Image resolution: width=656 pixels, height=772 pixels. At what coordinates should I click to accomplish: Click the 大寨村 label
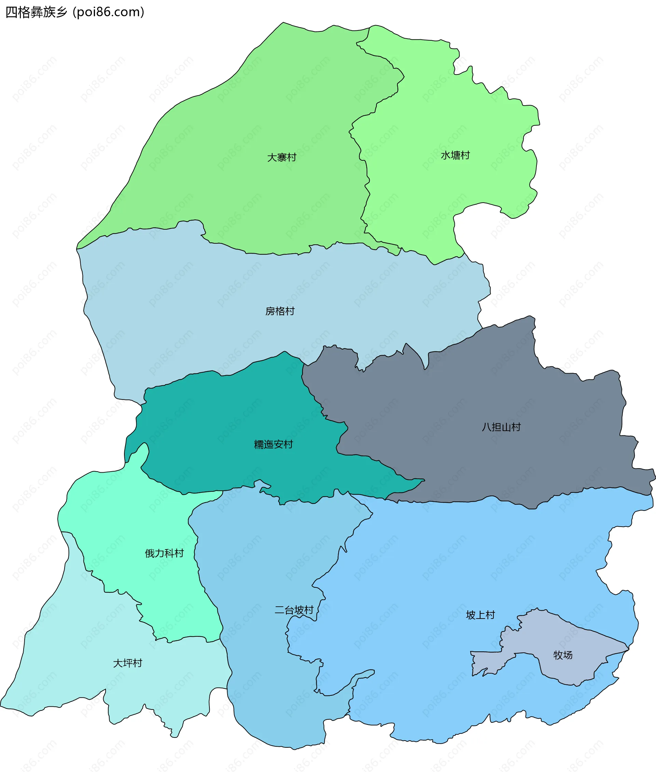(282, 157)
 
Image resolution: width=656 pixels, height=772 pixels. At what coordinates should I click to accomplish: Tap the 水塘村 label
(455, 155)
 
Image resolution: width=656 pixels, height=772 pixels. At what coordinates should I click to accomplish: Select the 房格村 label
(280, 311)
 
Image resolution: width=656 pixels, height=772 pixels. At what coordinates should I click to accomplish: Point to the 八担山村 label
(501, 427)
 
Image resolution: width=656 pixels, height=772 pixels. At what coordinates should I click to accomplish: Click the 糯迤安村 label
(273, 444)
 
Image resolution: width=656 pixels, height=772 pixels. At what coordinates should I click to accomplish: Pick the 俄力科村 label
(164, 553)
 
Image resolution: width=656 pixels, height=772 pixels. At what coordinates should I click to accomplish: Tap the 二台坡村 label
(294, 610)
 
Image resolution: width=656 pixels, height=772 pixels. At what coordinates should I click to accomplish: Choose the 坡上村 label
(480, 615)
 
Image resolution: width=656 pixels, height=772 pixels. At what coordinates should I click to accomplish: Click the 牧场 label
(563, 655)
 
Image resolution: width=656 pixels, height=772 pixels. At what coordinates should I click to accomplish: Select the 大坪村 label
(127, 663)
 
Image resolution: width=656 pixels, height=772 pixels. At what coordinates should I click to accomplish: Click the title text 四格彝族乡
(36, 12)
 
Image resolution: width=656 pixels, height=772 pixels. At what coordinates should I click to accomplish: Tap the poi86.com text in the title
(109, 12)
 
